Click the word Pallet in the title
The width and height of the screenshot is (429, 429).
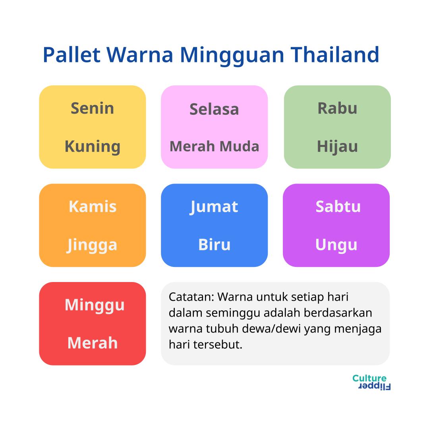pyautogui.click(x=71, y=55)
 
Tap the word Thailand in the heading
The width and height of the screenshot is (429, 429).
pyautogui.click(x=334, y=55)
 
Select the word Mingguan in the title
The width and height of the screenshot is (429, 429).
pyautogui.click(x=232, y=56)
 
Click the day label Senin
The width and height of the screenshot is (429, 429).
pyautogui.click(x=93, y=108)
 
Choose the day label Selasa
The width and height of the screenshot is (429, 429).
pyautogui.click(x=214, y=109)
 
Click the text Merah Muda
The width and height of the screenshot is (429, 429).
pyautogui.click(x=214, y=146)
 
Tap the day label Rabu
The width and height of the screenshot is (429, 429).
pyautogui.click(x=337, y=108)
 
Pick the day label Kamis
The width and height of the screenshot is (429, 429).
pyautogui.click(x=93, y=206)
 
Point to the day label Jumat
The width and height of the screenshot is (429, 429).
pyautogui.click(x=214, y=207)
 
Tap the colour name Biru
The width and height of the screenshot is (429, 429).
pyautogui.click(x=214, y=245)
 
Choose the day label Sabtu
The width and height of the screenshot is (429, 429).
pyautogui.click(x=338, y=206)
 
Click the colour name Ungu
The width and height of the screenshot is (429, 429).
pyautogui.click(x=336, y=245)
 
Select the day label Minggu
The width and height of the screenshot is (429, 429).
pyautogui.click(x=95, y=305)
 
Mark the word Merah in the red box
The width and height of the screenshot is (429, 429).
pyautogui.click(x=93, y=343)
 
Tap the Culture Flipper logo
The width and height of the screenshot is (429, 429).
pyautogui.click(x=371, y=382)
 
